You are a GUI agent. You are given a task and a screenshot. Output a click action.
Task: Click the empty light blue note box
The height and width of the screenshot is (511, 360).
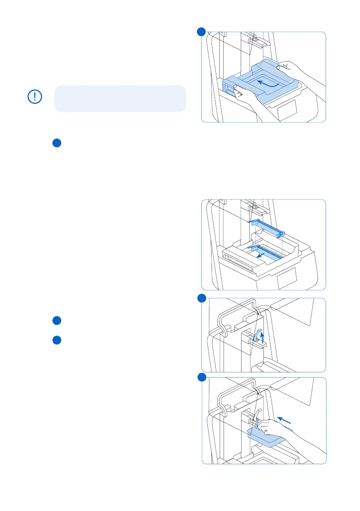(x=120, y=98)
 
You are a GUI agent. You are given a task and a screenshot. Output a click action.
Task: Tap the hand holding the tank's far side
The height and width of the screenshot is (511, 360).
(x=296, y=71)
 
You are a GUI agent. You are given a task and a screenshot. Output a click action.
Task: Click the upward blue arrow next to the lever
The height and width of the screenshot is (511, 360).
(x=263, y=337)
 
